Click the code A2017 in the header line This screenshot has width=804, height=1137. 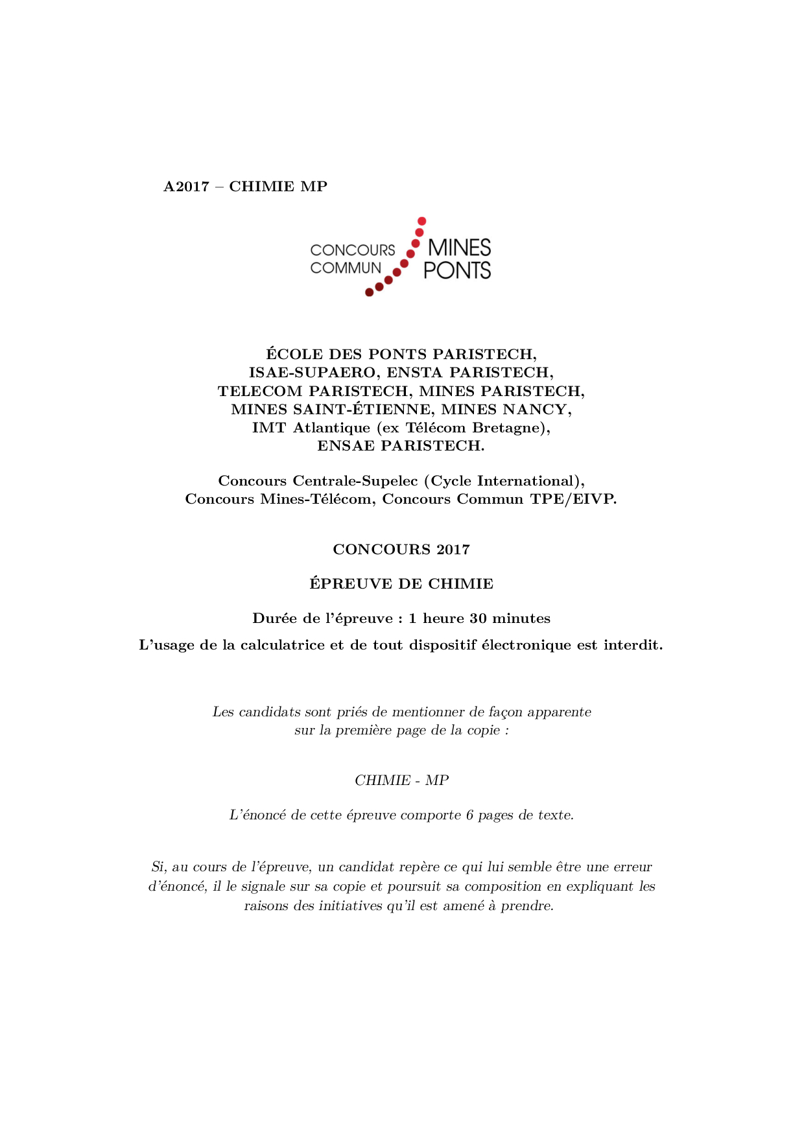tap(186, 187)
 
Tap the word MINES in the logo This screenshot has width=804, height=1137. tap(460, 248)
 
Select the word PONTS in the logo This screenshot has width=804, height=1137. tap(457, 270)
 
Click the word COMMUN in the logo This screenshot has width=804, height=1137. tap(346, 268)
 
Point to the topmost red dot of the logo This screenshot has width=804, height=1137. tap(421, 221)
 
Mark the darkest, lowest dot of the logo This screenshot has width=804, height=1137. tap(369, 292)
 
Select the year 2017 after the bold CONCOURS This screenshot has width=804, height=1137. tap(453, 550)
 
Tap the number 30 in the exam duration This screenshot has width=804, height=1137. tap(478, 618)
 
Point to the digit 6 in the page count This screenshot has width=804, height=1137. tap(469, 815)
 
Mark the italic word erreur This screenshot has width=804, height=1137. tap(632, 867)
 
